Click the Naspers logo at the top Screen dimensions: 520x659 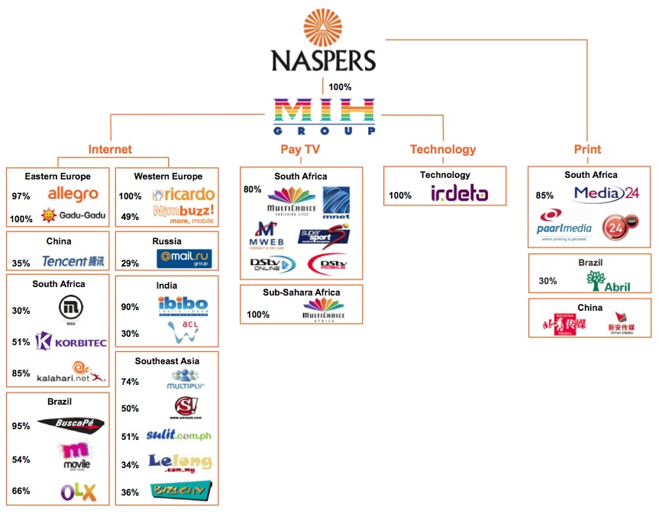point(324,42)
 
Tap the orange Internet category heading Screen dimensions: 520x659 point(110,150)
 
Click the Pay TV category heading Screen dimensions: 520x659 point(300,150)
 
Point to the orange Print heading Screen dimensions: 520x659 point(587,150)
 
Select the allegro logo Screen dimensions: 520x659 point(73,195)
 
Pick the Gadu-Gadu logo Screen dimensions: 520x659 point(73,216)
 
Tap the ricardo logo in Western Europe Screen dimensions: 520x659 point(183,195)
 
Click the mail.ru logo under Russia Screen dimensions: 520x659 point(183,258)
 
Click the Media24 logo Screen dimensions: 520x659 point(606,194)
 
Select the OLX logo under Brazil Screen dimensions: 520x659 point(78,493)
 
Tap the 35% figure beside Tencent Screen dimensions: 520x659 point(21,263)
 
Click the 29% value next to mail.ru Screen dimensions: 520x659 point(130,263)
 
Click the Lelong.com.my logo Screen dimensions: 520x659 point(179,462)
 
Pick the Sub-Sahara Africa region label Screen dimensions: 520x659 point(301,292)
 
